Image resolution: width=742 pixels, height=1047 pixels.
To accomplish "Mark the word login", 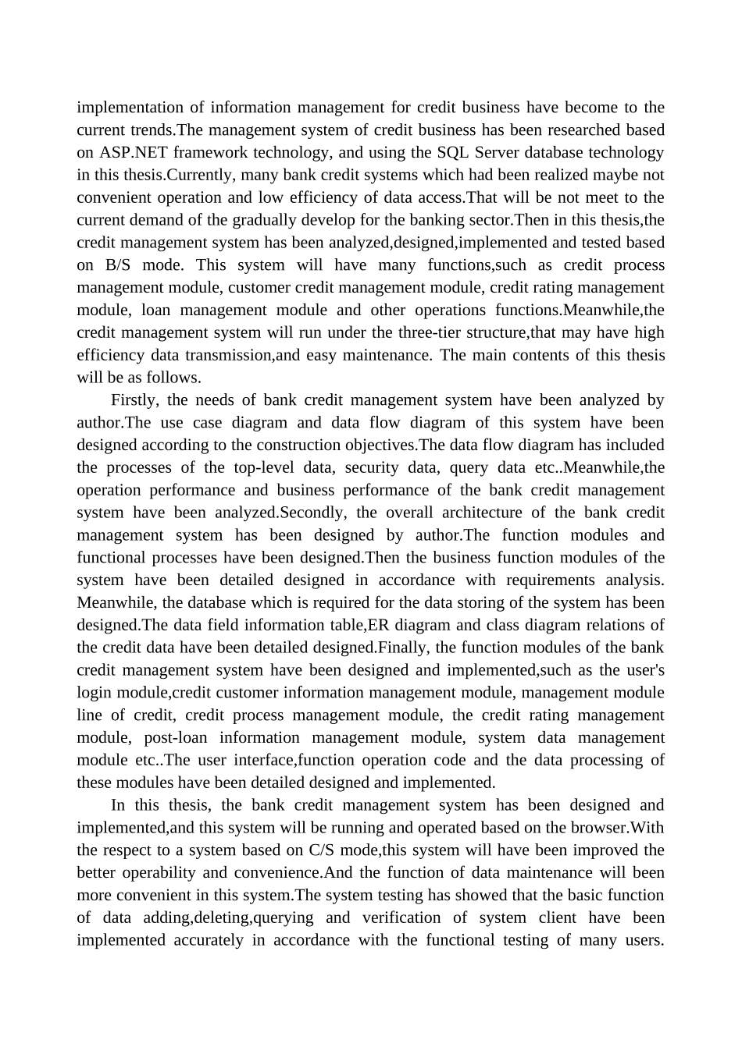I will (95, 693).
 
